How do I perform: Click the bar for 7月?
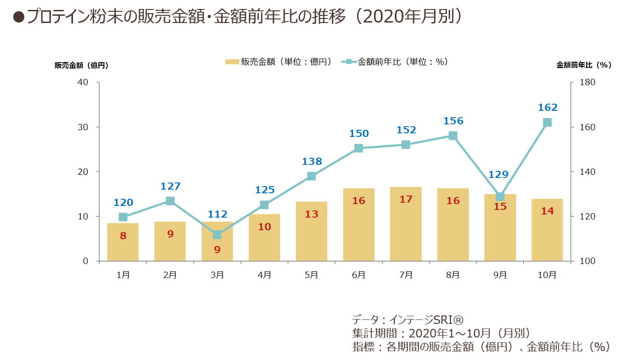point(405,224)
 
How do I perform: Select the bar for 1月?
point(123,242)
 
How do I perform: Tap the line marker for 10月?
point(547,123)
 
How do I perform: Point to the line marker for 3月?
point(217,235)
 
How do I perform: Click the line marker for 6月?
point(359,148)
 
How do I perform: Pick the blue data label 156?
point(453,121)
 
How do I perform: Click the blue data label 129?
point(498,174)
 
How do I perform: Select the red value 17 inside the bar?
point(406,199)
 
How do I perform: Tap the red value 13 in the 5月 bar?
point(312,214)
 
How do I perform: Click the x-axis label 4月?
point(264,275)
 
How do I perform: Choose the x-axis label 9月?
point(500,275)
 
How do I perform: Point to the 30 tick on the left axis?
point(83,127)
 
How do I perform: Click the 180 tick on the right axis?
point(587,82)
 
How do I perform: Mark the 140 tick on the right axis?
point(587,172)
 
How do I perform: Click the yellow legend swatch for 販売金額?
point(232,62)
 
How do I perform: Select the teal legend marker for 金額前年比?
point(349,62)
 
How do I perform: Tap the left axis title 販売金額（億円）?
point(82,65)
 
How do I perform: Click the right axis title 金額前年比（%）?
point(584,65)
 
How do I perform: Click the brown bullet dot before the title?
point(18,17)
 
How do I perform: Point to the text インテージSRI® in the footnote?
point(427,319)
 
